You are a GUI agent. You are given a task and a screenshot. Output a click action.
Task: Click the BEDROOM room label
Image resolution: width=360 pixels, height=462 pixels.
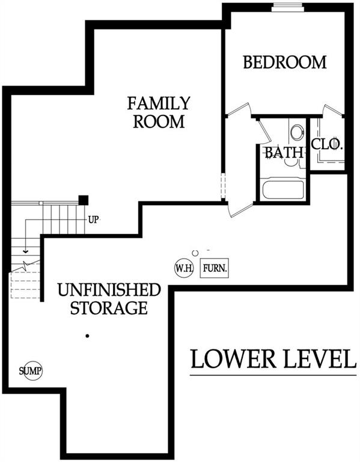click(x=285, y=62)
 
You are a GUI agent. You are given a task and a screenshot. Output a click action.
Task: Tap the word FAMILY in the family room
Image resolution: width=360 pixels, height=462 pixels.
click(x=159, y=103)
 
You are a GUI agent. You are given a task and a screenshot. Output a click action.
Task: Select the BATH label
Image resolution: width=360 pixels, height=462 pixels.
click(x=284, y=153)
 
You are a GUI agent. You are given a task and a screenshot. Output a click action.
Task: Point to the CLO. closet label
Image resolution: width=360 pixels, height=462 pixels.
click(x=328, y=144)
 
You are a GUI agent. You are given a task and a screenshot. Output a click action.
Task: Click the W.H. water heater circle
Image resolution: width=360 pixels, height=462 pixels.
click(x=185, y=268)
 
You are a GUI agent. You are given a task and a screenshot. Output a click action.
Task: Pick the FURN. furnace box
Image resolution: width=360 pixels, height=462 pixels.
click(x=215, y=268)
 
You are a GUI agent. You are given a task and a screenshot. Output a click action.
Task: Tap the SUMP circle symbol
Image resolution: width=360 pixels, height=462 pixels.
click(x=31, y=371)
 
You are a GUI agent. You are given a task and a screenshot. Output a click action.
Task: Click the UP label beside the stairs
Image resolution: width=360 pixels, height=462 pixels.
click(x=93, y=220)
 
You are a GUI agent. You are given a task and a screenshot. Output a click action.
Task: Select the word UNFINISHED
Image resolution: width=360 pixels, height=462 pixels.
click(x=109, y=289)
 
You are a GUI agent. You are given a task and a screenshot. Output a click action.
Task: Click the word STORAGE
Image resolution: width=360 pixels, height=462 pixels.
click(x=109, y=307)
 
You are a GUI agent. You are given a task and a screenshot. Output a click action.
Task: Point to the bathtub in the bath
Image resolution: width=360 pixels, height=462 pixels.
click(x=283, y=189)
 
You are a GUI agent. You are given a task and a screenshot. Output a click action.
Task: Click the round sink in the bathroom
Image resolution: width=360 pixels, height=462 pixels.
click(x=297, y=132)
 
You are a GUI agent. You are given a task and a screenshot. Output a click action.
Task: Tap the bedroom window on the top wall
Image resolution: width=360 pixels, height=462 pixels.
click(x=287, y=7)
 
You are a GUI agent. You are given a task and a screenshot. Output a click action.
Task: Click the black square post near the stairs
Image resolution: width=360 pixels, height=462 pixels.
click(x=84, y=200)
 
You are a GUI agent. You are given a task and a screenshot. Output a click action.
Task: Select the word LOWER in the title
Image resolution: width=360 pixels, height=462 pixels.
click(x=233, y=359)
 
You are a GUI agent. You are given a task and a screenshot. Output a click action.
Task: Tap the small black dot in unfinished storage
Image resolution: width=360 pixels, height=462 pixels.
click(x=87, y=336)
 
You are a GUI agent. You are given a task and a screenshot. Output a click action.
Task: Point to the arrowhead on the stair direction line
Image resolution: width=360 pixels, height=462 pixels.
click(x=26, y=251)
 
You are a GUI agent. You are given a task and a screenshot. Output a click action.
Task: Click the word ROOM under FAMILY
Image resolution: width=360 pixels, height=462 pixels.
click(x=159, y=122)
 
